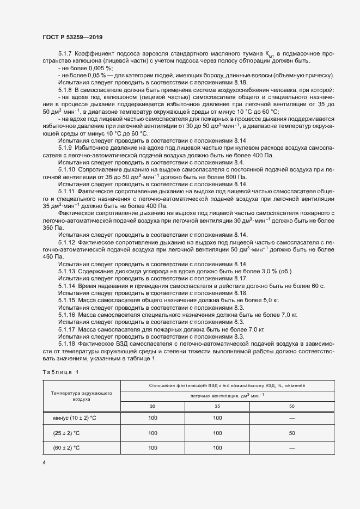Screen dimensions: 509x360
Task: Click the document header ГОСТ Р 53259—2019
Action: click(x=72, y=37)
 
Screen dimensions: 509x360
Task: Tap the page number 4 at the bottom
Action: click(x=44, y=462)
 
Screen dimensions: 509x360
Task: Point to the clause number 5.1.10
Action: click(x=67, y=169)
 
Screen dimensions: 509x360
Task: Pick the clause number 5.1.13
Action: click(x=67, y=271)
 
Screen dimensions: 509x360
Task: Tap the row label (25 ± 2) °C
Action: click(x=65, y=433)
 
